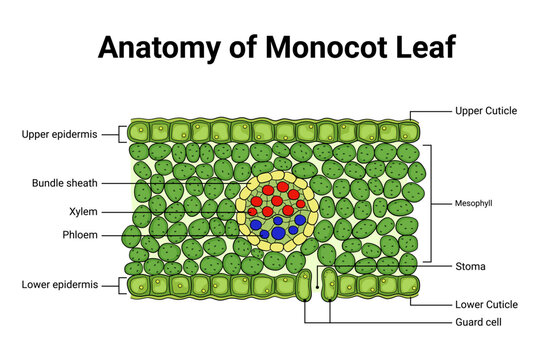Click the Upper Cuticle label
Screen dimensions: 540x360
tap(486, 110)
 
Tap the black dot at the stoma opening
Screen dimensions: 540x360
tap(317, 288)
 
